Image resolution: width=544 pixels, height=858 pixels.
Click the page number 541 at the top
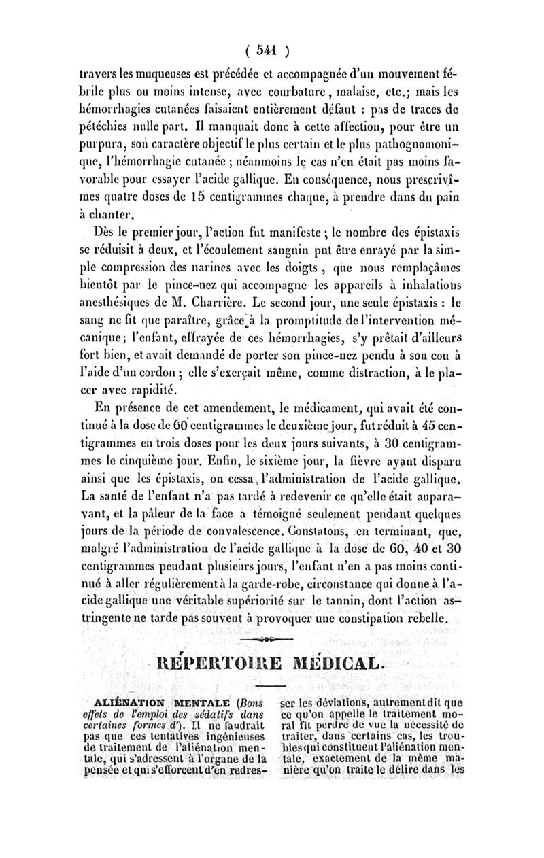(271, 50)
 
